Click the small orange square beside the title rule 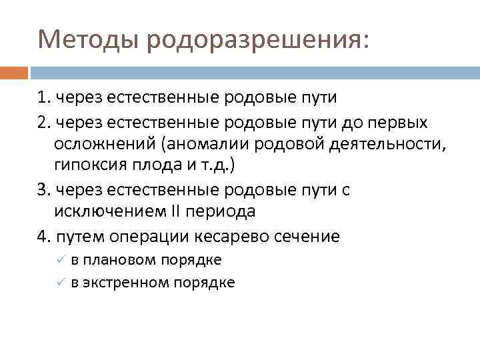click(15, 73)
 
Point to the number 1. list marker click(45, 97)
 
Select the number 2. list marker click(45, 122)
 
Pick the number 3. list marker click(45, 189)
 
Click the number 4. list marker click(45, 235)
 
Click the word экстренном click(127, 283)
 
